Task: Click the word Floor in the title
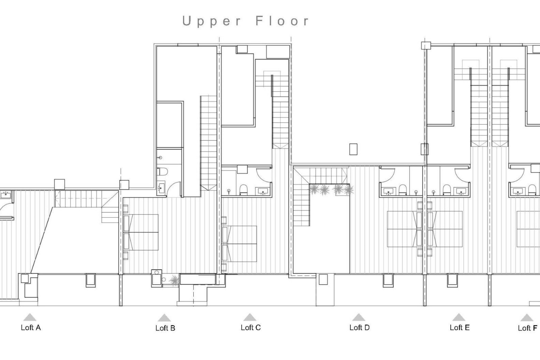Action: point(282,21)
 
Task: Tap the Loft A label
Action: point(31,328)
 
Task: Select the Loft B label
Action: point(165,328)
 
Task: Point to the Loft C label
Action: point(251,328)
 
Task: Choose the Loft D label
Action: point(359,328)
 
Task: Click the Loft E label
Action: point(460,328)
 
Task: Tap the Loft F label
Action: point(527,328)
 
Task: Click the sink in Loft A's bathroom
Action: point(6,194)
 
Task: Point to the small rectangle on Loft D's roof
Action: point(353,149)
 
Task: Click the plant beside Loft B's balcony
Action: point(174,280)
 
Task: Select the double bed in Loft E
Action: point(445,229)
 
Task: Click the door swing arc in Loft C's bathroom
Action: point(264,175)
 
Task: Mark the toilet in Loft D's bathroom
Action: point(403,190)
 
